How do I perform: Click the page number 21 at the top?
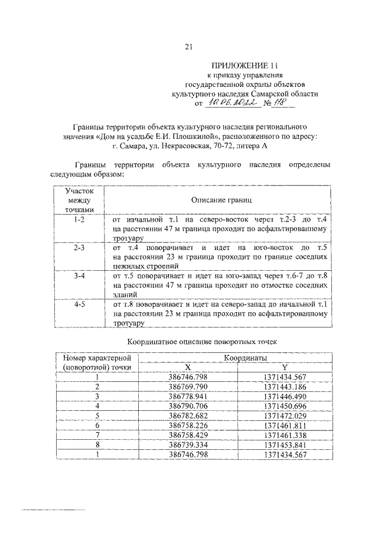click(x=189, y=47)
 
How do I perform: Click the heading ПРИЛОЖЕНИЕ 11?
click(x=244, y=66)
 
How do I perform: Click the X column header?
click(x=187, y=367)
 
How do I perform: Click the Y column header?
click(x=285, y=367)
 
